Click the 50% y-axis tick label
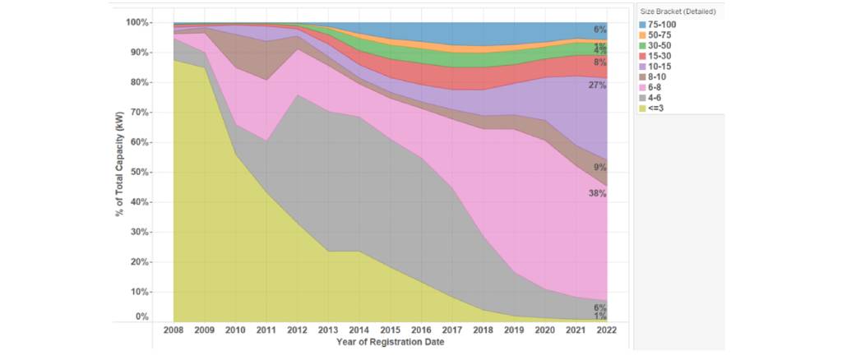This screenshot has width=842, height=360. (140, 173)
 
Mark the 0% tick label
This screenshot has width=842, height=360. (142, 316)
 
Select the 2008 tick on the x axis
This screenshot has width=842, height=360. (173, 331)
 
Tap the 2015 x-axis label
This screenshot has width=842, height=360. (391, 331)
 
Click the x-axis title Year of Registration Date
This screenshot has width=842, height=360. (390, 343)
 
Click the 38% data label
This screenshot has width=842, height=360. (597, 194)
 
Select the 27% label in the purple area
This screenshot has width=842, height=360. (597, 85)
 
